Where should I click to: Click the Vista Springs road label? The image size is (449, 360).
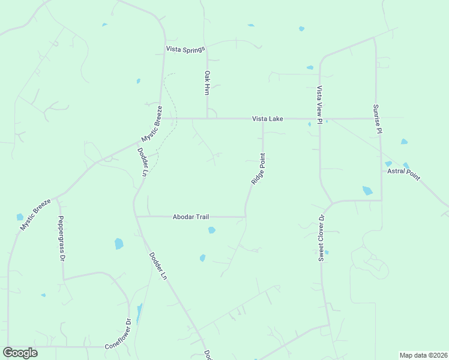tap(186, 49)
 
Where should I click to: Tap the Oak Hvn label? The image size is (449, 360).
tap(207, 83)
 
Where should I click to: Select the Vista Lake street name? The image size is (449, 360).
tap(268, 119)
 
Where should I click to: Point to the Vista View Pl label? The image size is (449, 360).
tap(320, 104)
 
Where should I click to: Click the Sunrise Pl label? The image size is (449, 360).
tap(377, 118)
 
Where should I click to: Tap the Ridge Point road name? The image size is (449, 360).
tap(258, 169)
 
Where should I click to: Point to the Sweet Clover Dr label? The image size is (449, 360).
tap(321, 238)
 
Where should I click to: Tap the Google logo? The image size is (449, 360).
tap(20, 353)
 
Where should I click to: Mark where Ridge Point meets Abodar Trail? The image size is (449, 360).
tap(245, 216)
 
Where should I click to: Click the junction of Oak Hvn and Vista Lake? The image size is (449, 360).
tap(208, 118)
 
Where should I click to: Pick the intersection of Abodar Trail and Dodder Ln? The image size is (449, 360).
tap(136, 216)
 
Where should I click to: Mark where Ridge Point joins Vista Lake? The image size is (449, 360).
tap(263, 119)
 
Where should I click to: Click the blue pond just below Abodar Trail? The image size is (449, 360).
tap(211, 230)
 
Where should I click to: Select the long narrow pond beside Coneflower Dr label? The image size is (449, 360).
tap(139, 313)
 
